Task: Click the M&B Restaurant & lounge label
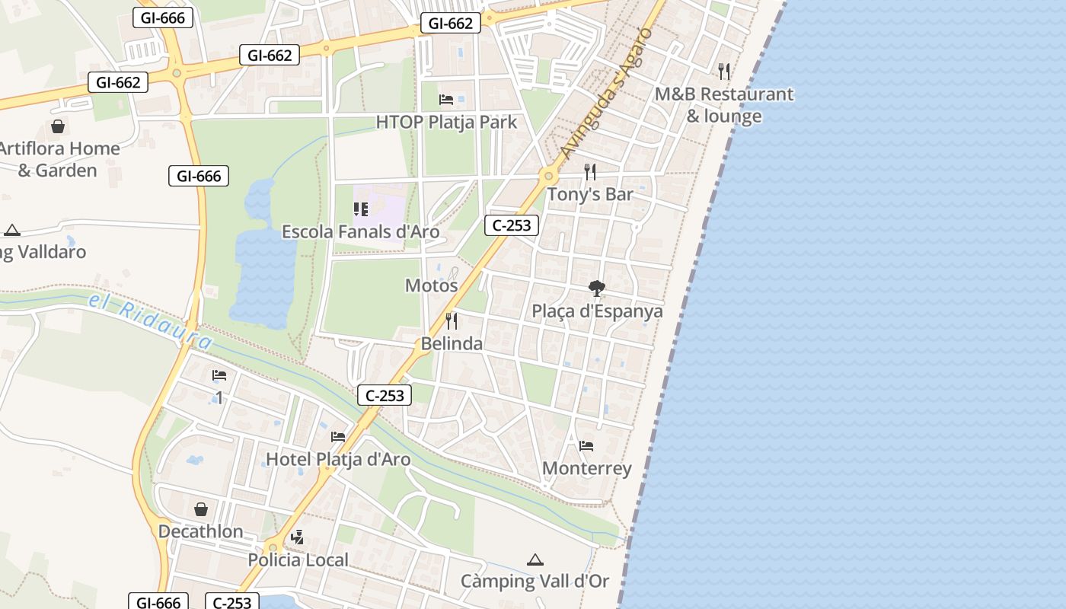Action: (x=724, y=105)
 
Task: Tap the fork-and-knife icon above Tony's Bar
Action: (x=590, y=171)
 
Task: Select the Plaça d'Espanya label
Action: (x=597, y=311)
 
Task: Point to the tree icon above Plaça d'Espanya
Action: (x=597, y=289)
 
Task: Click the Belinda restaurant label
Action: (x=452, y=343)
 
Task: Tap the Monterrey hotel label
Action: (x=586, y=468)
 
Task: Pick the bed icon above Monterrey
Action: (x=586, y=446)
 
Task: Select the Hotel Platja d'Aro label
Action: (x=338, y=459)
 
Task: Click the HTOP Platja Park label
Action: (x=446, y=122)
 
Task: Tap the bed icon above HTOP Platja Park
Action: (x=446, y=100)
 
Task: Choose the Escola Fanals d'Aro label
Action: (x=360, y=231)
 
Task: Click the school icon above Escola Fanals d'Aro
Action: (x=361, y=209)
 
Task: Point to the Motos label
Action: (x=431, y=285)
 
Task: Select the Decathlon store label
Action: (x=201, y=531)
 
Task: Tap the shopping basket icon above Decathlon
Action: (x=201, y=509)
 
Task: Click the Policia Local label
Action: (x=298, y=560)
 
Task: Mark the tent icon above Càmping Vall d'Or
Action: (x=535, y=560)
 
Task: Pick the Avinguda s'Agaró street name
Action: (x=606, y=95)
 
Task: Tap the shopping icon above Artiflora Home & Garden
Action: (x=58, y=126)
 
